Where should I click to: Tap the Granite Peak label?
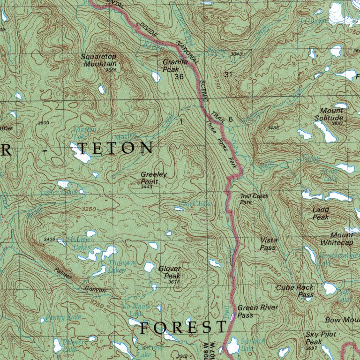[175, 65]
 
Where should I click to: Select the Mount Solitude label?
[329, 114]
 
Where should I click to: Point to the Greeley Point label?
[153, 178]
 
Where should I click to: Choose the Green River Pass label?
[257, 311]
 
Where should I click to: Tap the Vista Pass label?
[269, 243]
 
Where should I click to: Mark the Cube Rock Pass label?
[295, 291]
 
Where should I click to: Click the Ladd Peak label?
[321, 213]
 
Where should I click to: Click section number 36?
[179, 76]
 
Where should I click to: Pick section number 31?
[228, 75]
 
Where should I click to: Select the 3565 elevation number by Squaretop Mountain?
[111, 70]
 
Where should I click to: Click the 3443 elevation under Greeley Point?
[147, 187]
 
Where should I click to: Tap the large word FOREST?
[183, 328]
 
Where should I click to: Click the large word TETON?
[115, 148]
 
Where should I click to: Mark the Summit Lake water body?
[232, 347]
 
